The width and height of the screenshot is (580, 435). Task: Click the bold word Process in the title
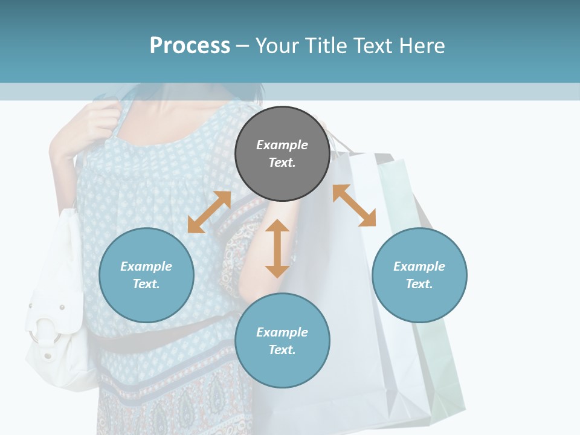(190, 45)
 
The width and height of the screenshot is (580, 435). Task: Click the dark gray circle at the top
(282, 154)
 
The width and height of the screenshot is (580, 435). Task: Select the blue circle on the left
(146, 275)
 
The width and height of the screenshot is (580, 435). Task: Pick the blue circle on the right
(419, 275)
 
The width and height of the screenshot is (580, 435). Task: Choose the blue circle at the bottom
(282, 341)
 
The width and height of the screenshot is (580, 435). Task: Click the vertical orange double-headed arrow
(277, 248)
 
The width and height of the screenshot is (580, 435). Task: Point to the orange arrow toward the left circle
(209, 212)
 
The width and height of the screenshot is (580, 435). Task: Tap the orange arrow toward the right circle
(355, 205)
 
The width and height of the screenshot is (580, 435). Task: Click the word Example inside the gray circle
(282, 145)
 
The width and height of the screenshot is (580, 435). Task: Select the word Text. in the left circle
(146, 284)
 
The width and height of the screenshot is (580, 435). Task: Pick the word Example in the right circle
(419, 266)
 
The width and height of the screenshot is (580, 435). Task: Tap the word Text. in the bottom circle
(282, 350)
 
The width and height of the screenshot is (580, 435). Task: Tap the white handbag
(57, 314)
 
